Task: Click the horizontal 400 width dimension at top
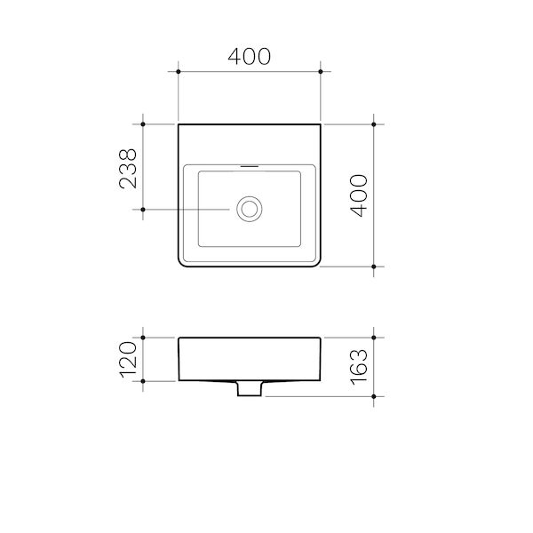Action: pos(249,56)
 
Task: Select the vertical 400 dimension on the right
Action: pos(359,195)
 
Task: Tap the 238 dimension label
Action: pos(128,168)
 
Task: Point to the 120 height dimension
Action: pos(128,359)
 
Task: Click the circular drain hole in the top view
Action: pos(249,210)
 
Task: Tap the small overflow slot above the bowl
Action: pos(249,166)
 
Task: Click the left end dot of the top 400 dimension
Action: pos(179,71)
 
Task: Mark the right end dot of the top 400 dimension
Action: pos(321,71)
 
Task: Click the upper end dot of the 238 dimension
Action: pos(142,124)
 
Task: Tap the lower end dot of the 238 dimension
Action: pos(142,210)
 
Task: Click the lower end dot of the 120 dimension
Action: pos(142,380)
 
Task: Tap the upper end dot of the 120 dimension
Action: pos(142,338)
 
